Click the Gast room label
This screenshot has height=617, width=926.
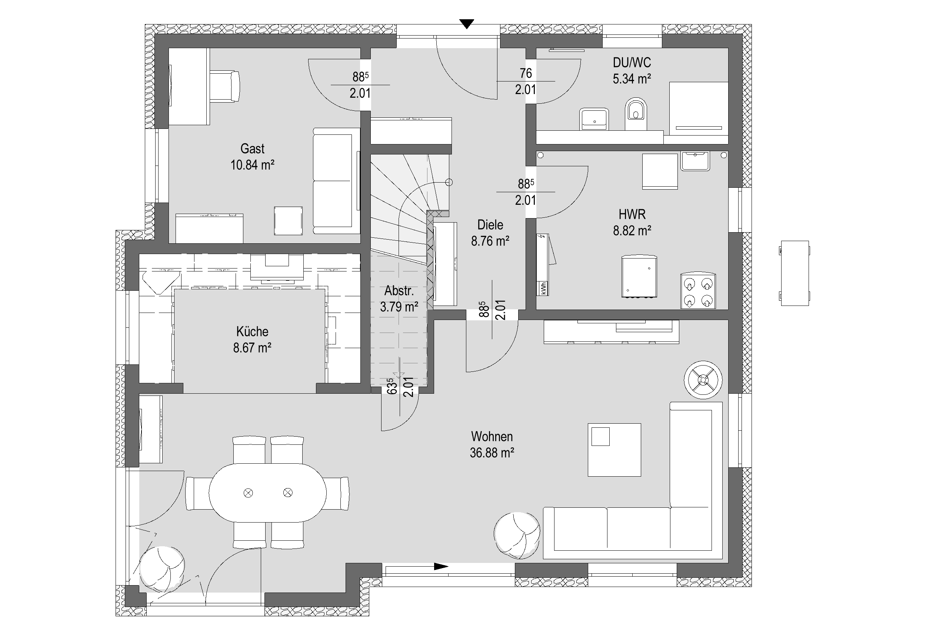point(252,149)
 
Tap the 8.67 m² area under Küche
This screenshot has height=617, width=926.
point(252,348)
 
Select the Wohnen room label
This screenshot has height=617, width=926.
point(492,436)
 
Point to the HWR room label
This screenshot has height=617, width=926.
point(632,214)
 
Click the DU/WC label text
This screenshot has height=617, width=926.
point(632,63)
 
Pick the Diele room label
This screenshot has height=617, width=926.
point(490,225)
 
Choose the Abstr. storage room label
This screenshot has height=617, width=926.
point(399,291)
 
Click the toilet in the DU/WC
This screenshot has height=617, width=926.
point(636,114)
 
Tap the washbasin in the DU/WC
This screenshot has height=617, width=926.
point(594,119)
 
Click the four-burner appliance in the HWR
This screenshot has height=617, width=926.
point(698,291)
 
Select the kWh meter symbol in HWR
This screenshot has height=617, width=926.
point(543,289)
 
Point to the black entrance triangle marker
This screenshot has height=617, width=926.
point(467,24)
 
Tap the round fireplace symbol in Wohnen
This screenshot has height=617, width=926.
point(703,380)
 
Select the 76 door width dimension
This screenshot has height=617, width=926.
point(526,73)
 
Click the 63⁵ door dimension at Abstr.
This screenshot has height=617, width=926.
point(391,386)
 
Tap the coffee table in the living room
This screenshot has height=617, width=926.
point(614,450)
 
